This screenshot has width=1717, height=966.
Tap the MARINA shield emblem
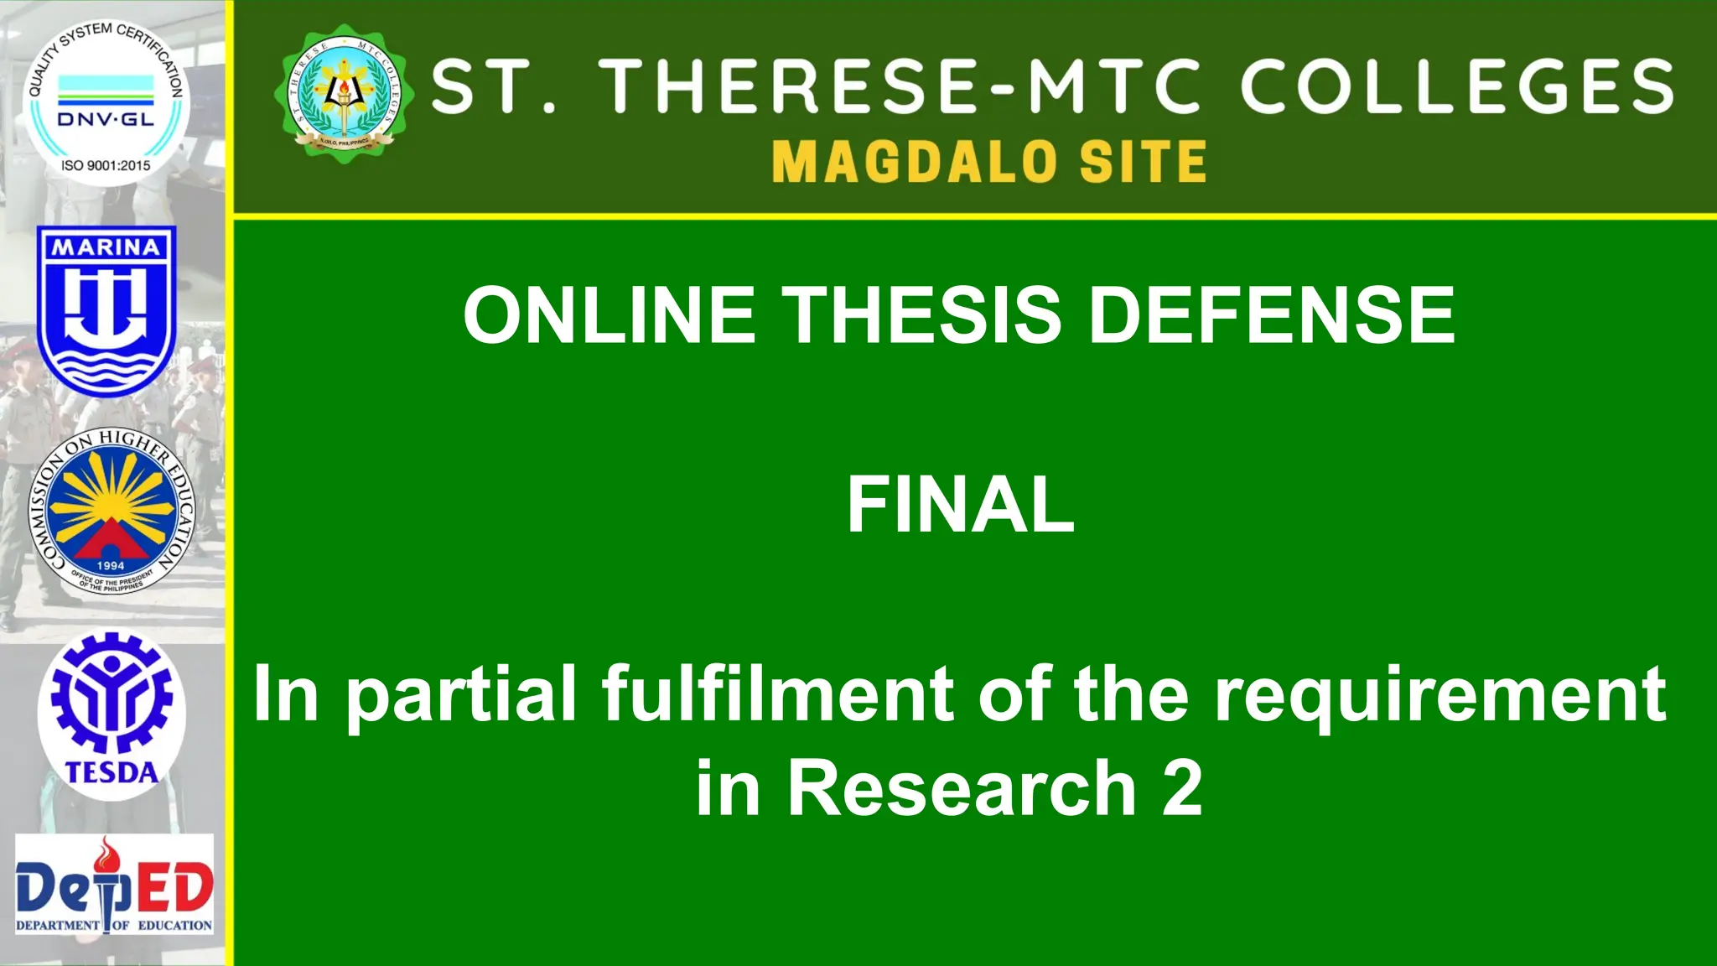pos(106,310)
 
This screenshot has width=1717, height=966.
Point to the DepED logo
pos(115,885)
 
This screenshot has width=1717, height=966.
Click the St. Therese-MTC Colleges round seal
pos(344,93)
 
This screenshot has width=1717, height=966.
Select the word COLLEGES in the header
pos(1457,86)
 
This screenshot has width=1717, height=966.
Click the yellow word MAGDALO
pos(914,162)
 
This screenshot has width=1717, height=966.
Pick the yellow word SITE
pos(1143,162)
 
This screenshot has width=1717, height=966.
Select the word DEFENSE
pos(1271,315)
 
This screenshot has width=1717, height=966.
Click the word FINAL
pos(961,505)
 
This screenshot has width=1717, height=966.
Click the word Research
pos(962,788)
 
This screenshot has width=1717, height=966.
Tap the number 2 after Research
pos(1182,788)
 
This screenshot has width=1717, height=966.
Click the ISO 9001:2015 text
pos(106,166)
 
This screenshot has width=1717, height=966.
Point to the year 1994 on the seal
pos(111,566)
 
